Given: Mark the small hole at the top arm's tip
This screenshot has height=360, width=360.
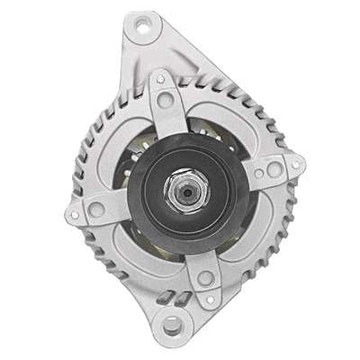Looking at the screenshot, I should [159, 79].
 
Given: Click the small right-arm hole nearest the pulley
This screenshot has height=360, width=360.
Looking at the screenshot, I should [258, 175].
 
